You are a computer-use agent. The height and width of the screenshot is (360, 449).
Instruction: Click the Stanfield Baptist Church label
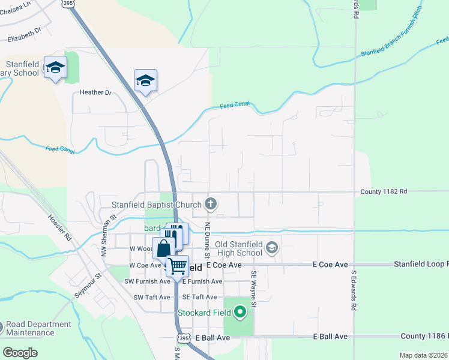(x=156, y=205)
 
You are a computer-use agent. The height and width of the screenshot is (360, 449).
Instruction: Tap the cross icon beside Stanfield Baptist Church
(x=210, y=204)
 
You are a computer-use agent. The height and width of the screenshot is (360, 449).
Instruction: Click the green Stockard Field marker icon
(x=240, y=312)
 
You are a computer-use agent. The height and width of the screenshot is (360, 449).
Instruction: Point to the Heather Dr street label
(x=95, y=93)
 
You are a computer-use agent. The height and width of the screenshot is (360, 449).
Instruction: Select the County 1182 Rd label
(x=384, y=191)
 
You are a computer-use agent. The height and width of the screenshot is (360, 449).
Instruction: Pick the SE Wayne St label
(x=254, y=289)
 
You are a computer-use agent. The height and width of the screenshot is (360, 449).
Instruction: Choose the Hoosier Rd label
(x=60, y=227)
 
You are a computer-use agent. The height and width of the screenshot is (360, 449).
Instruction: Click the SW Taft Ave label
(x=147, y=297)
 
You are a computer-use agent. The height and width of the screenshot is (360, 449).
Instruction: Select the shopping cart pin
(x=177, y=265)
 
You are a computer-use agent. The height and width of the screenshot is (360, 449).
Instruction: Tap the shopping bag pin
(x=164, y=248)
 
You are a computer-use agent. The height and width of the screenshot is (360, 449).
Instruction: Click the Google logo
(x=20, y=353)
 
